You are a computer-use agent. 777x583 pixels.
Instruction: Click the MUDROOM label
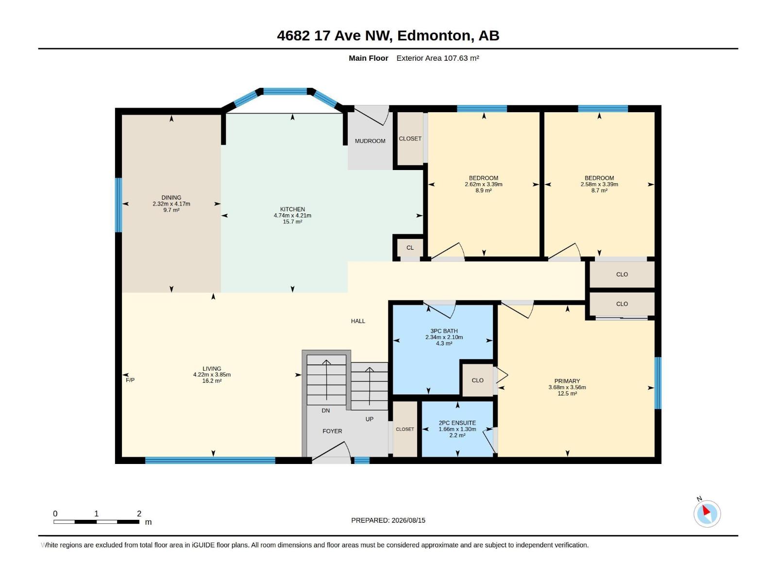click(x=370, y=141)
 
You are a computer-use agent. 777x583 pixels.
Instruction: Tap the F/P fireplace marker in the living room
click(x=130, y=380)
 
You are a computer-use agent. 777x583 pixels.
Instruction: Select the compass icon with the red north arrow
click(x=707, y=514)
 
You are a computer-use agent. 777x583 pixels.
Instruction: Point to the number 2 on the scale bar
click(x=139, y=513)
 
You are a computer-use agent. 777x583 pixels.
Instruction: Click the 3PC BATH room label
click(x=444, y=331)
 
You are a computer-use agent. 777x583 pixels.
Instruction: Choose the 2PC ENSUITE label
click(x=457, y=423)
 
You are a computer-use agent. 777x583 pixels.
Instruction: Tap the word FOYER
click(x=332, y=431)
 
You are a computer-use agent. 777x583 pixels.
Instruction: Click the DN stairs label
click(x=326, y=411)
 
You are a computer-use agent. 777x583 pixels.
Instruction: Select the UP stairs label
click(x=369, y=419)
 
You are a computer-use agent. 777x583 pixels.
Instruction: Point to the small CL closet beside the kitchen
click(x=410, y=248)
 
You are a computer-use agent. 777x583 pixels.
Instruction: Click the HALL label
click(x=358, y=321)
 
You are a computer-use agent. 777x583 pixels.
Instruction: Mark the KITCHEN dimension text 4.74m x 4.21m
click(x=292, y=216)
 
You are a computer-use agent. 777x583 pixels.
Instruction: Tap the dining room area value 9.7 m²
click(x=171, y=210)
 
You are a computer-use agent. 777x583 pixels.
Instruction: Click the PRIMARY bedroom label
click(x=567, y=381)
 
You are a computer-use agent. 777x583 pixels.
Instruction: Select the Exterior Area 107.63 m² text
click(x=438, y=58)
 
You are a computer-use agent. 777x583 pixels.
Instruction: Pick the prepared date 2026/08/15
click(x=408, y=520)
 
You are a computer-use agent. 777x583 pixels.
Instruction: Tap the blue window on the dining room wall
click(x=118, y=205)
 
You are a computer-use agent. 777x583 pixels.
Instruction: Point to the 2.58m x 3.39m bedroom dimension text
click(x=599, y=185)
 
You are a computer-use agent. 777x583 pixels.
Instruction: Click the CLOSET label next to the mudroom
click(x=410, y=139)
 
